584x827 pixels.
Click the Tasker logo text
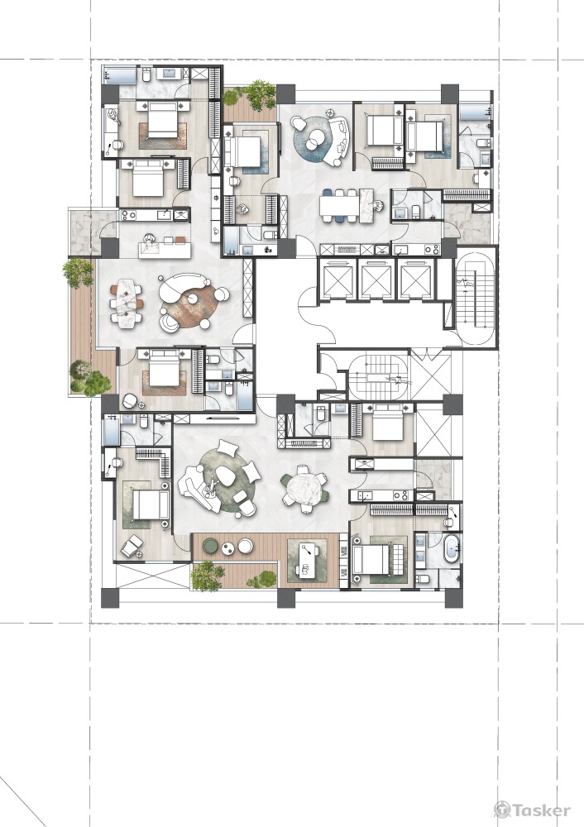coord(541,810)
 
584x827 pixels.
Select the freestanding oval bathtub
coord(453,552)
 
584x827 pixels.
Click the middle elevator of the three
coord(376,279)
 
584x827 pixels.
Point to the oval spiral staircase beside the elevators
coord(475,299)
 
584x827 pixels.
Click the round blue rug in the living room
coord(318,139)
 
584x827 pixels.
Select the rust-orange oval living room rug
coord(193,307)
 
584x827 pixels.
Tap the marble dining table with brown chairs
coord(126,304)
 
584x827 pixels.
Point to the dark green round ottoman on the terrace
coord(210,546)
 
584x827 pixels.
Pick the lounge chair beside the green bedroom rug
coord(132,547)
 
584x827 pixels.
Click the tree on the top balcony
coord(260,93)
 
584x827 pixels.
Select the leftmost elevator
coord(337,279)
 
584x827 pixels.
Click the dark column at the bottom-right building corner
coord(453,598)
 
